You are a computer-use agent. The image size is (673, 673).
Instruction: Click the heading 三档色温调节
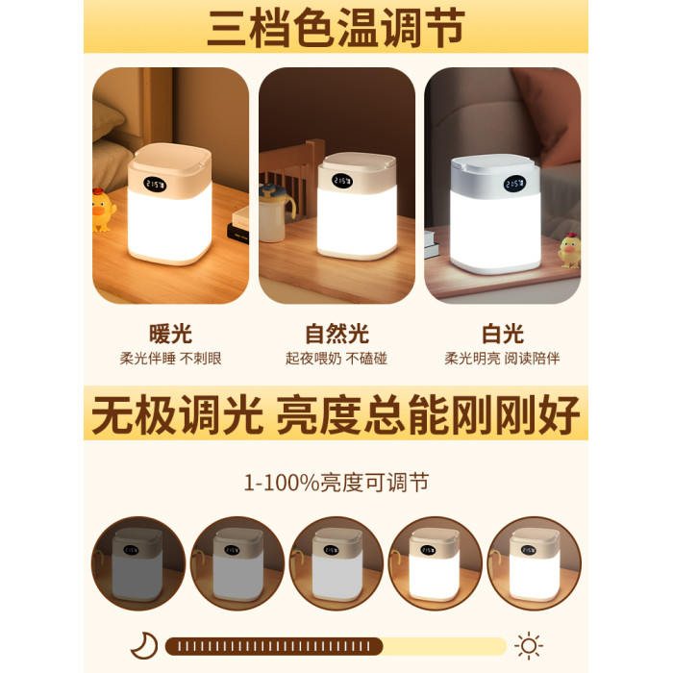coord(336,28)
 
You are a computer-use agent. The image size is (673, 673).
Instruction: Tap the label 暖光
coord(170,334)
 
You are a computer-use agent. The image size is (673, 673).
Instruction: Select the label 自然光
coord(336,334)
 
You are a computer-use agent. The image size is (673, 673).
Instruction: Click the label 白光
coord(503,334)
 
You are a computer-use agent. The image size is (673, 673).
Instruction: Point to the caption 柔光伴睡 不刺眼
coord(170,359)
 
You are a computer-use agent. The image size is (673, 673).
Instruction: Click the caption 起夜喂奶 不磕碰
coord(336,359)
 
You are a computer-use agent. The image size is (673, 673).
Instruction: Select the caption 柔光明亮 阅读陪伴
coord(502,359)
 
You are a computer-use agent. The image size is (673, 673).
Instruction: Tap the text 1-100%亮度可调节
coord(336,483)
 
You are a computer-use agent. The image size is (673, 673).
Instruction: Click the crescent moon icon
coord(144,645)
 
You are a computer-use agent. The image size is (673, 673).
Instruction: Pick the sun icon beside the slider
coord(529,645)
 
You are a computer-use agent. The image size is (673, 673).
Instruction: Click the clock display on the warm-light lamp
coord(155,185)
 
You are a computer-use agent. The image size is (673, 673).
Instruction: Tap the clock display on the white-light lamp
coord(514,184)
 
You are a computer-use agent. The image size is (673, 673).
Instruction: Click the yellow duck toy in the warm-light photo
coord(103,211)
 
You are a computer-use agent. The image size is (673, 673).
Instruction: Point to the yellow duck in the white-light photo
coord(569,251)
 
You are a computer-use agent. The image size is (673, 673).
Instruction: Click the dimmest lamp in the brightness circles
coord(137,564)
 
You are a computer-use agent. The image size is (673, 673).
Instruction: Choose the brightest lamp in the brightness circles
coord(535,564)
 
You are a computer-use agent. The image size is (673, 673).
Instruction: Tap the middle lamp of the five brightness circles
coord(336,564)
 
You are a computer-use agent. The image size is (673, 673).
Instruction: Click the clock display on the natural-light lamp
coord(341,181)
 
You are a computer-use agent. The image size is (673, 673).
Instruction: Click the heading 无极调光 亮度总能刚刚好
coord(336,413)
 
